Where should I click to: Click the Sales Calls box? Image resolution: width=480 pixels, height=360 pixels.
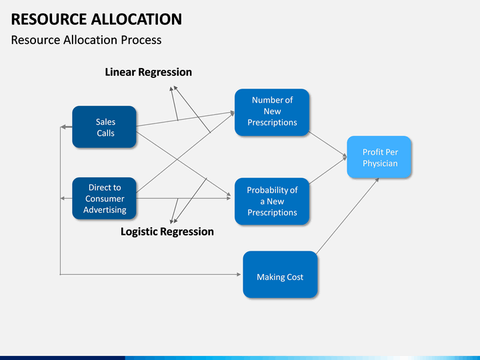coord(104,127)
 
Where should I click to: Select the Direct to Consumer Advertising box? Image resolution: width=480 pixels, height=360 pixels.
coord(104,199)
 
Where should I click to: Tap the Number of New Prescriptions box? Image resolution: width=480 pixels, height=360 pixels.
coord(272,112)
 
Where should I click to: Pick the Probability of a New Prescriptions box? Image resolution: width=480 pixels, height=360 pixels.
coord(272,201)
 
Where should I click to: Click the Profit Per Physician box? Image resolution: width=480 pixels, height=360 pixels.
coord(379,157)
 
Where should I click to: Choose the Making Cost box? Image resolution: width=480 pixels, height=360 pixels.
coord(280,274)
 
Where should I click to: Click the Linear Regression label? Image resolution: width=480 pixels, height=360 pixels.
coord(149,72)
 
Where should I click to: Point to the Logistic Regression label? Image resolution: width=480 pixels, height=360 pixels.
coord(167,232)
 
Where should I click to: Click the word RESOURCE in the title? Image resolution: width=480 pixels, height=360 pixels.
coord(49,19)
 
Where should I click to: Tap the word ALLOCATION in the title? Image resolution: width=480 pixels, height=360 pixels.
coord(137,19)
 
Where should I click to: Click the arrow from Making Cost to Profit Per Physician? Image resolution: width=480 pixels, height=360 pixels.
coord(348,216)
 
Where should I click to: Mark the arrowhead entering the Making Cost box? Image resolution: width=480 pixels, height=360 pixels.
coord(239,275)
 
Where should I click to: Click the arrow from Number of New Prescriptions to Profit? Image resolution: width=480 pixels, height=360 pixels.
coord(327,145)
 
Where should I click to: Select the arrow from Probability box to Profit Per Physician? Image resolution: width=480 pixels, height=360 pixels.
coord(327,170)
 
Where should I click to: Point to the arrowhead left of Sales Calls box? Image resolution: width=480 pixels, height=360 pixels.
coord(63,127)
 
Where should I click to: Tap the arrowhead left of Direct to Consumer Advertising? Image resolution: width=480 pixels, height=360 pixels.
coord(62,199)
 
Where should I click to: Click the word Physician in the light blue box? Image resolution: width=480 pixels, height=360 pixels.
coord(380,163)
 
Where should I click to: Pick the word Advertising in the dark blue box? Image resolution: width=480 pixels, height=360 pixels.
coord(105,210)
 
